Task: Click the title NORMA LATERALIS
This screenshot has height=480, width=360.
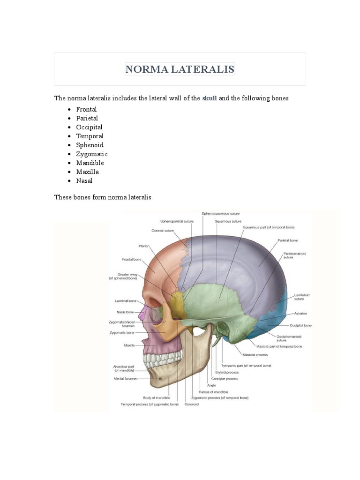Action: [x=180, y=69]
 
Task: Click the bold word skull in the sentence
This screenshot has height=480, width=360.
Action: [x=210, y=98]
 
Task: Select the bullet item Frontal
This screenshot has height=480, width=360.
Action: [x=86, y=109]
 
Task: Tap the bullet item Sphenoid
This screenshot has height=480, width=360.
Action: [x=90, y=145]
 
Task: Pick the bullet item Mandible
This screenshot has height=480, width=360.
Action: [x=90, y=163]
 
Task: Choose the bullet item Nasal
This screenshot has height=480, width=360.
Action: [x=84, y=180]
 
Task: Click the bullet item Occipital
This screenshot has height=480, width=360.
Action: [x=89, y=127]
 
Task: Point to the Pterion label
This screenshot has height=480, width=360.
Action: [x=143, y=245]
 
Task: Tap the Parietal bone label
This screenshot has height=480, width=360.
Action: [x=287, y=240]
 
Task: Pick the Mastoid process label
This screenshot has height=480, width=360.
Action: [x=255, y=355]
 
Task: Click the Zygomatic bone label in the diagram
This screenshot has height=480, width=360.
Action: [x=124, y=332]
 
